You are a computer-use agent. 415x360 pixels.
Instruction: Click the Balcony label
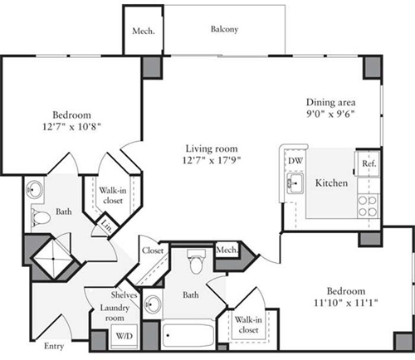click(224, 30)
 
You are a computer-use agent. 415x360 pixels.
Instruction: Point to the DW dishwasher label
click(295, 161)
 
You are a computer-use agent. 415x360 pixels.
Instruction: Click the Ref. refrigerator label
click(369, 164)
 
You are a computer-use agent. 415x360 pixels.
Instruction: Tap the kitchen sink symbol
click(294, 182)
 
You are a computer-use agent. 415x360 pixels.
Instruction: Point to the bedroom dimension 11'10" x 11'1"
click(344, 304)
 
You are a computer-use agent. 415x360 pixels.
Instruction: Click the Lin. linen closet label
click(107, 224)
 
